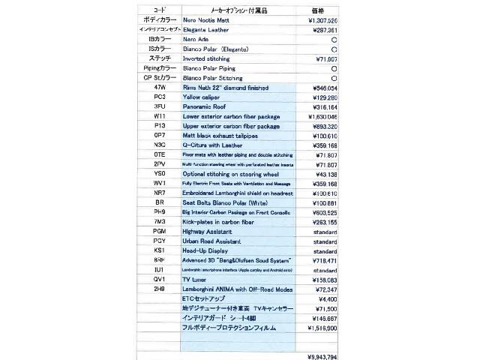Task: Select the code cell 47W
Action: [159, 88]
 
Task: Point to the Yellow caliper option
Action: [201, 97]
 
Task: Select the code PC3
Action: [159, 97]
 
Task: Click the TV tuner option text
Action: [197, 279]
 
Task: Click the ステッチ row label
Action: [159, 58]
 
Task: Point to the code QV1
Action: [159, 279]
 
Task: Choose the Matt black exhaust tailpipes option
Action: [221, 136]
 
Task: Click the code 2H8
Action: [159, 289]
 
